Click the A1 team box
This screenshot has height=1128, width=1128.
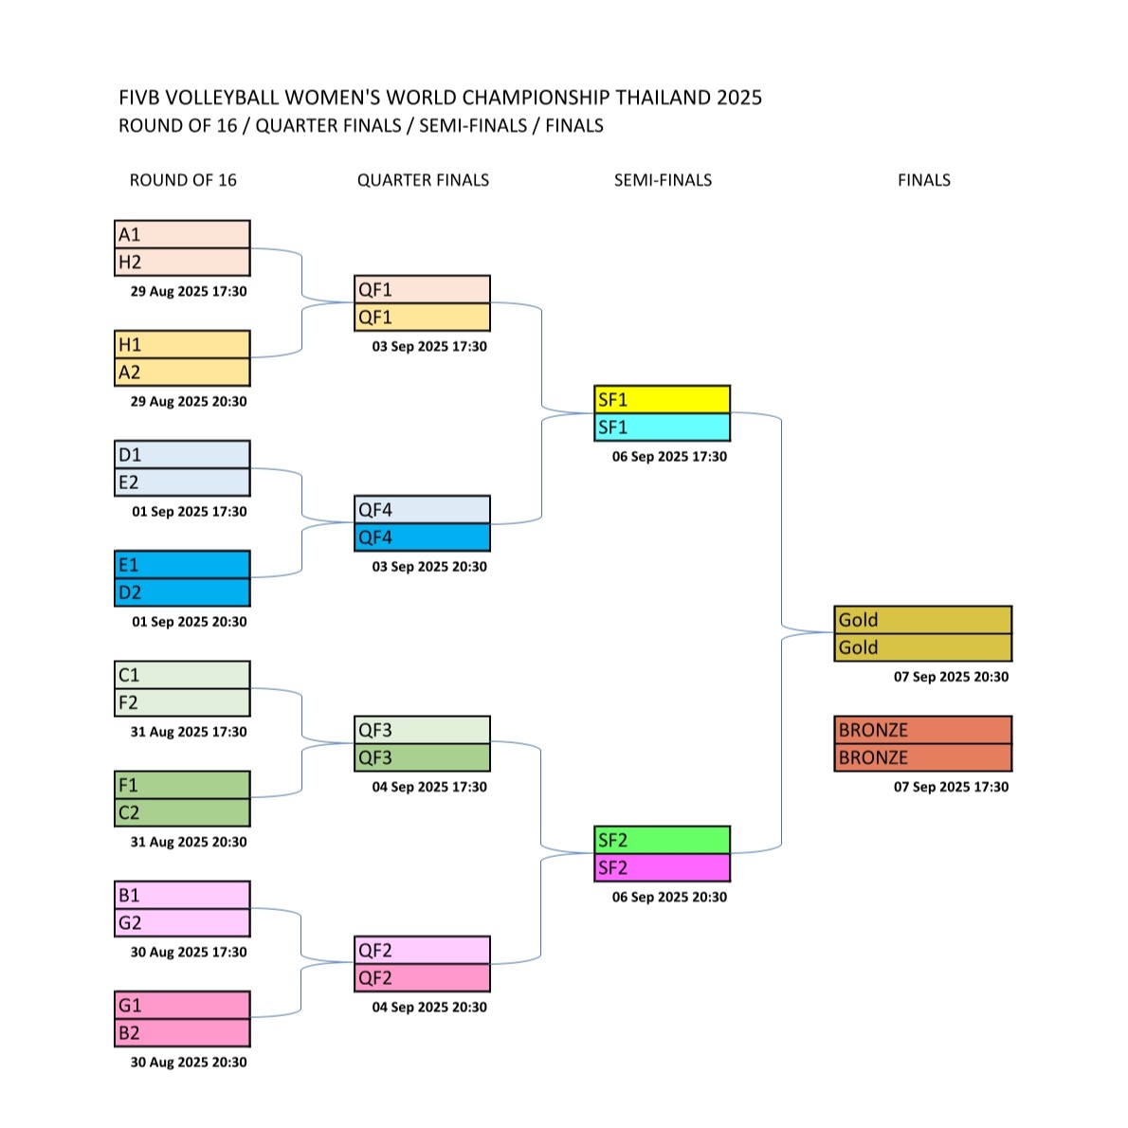point(182,234)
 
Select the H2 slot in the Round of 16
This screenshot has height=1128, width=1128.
point(182,262)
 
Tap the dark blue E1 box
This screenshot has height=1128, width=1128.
point(182,565)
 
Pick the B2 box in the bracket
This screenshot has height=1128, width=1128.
point(182,1033)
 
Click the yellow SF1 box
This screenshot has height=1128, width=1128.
point(662,399)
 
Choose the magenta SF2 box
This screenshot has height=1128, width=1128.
point(662,867)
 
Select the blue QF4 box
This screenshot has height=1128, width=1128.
point(422,537)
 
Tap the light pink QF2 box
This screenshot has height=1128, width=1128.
point(422,951)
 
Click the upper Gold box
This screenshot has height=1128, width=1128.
point(923,619)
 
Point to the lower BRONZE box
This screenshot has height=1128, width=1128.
point(923,757)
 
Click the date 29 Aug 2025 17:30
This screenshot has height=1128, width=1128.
point(189,291)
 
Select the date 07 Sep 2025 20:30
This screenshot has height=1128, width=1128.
point(951,677)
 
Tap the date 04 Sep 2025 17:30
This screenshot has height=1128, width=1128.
point(429,787)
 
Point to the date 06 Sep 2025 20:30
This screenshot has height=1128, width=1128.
point(670,897)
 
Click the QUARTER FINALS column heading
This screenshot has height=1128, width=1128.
point(423,180)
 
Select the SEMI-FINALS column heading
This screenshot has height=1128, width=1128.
point(663,180)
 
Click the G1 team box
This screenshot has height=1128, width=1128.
point(182,1005)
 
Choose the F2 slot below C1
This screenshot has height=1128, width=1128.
point(182,702)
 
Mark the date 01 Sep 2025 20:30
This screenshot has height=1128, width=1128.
point(190,622)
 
